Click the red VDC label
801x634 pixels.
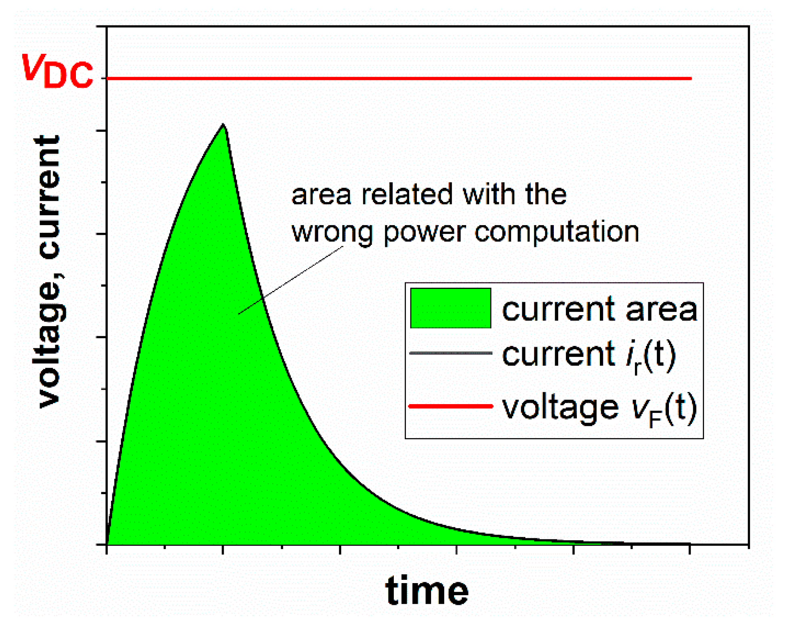(x=57, y=70)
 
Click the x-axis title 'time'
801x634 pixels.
(x=427, y=591)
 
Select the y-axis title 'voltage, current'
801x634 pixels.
(x=49, y=271)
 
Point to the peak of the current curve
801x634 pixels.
(x=223, y=124)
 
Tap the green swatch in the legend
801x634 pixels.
(x=450, y=308)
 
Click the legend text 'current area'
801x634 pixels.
(x=599, y=310)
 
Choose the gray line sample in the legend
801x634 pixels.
(x=451, y=353)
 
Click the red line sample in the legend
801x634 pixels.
(x=451, y=406)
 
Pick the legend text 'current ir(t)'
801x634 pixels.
(x=589, y=356)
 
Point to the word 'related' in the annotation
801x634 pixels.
(x=407, y=194)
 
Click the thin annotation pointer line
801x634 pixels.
(x=291, y=280)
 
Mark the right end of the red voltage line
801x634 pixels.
(x=691, y=78)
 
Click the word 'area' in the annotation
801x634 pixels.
(x=321, y=196)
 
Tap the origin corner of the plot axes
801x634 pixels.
(x=107, y=544)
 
